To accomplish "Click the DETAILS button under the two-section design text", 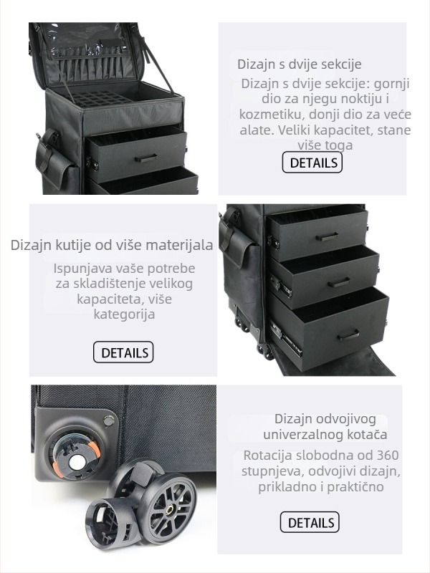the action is point(312,163).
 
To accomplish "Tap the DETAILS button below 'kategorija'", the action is point(123,352).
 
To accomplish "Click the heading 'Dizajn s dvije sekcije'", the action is point(300,64).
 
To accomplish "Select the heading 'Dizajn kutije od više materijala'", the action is point(112,245).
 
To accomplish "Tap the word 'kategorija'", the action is point(124,314).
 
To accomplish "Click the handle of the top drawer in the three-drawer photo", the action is point(327,236).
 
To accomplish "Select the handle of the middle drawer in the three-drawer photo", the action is point(338,282).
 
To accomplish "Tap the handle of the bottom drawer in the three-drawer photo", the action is point(348,334).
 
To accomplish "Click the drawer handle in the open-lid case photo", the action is point(146,158).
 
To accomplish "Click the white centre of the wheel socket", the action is point(77,463).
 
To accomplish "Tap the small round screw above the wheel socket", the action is point(109,420).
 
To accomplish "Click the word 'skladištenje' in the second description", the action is point(133,284).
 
